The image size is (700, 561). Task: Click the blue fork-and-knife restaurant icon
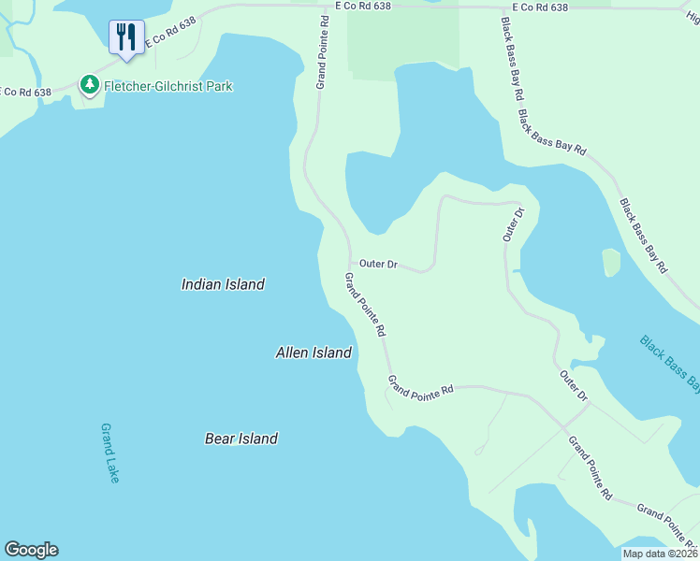pyautogui.click(x=126, y=37)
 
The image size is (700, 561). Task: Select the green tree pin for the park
pyautogui.click(x=90, y=85)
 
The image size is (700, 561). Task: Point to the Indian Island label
pyautogui.click(x=223, y=284)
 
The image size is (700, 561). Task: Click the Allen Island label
pyautogui.click(x=314, y=352)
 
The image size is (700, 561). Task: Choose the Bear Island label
pyautogui.click(x=241, y=438)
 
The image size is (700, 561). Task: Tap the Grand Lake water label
pyautogui.click(x=110, y=453)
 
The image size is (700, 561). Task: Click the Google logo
pyautogui.click(x=31, y=550)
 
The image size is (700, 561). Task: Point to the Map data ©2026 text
pyautogui.click(x=661, y=554)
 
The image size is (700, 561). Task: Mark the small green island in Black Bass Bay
pyautogui.click(x=611, y=263)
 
